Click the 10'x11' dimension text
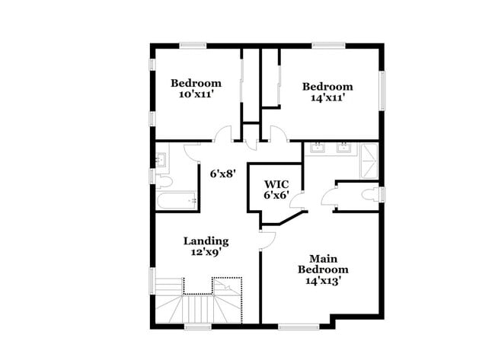click(x=196, y=94)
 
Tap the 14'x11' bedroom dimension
click(x=327, y=97)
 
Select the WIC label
click(x=275, y=184)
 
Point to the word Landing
click(x=206, y=241)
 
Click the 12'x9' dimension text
click(x=206, y=253)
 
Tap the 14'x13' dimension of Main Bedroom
click(x=323, y=281)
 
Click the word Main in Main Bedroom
click(x=324, y=259)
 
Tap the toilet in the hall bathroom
click(x=165, y=180)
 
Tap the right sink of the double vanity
click(x=343, y=147)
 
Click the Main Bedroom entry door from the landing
click(x=266, y=241)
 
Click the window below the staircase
click(x=198, y=327)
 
